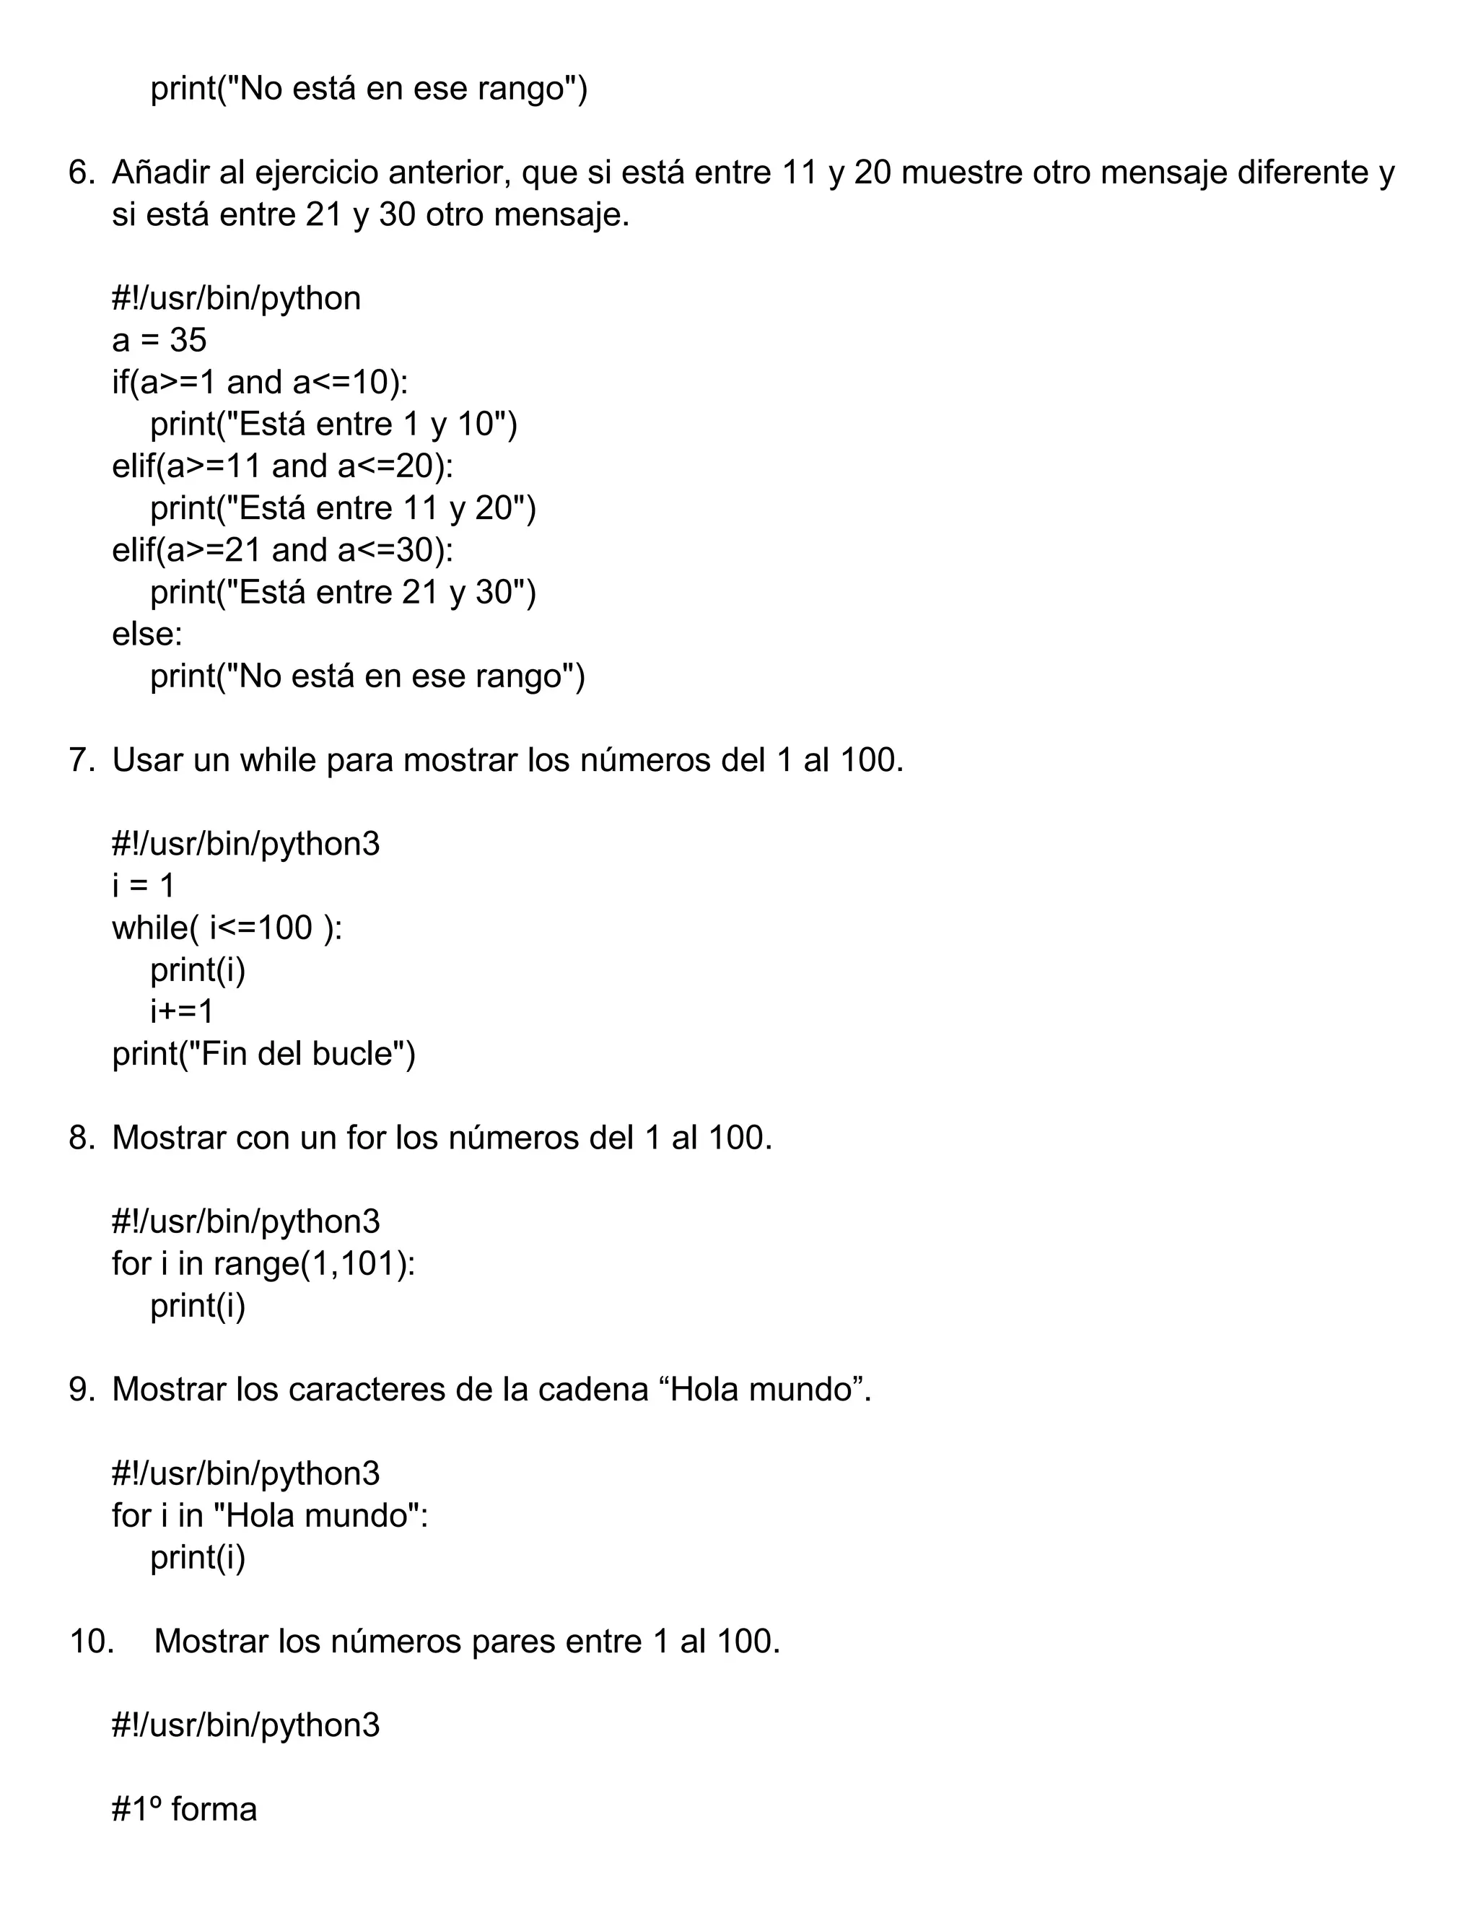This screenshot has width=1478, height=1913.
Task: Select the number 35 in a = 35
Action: tap(188, 340)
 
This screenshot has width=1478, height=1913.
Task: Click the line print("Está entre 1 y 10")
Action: tap(333, 424)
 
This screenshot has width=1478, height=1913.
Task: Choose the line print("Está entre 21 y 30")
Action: tap(342, 592)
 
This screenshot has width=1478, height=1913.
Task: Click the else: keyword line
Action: tap(147, 634)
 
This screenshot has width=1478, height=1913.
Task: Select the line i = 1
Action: tap(144, 886)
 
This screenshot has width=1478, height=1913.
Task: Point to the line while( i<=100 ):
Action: tap(227, 928)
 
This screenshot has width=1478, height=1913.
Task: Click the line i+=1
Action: tap(182, 1011)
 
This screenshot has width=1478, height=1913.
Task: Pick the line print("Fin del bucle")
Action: tap(263, 1054)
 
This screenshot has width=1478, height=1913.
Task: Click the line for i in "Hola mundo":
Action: tap(270, 1515)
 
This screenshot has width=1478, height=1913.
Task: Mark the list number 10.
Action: tap(91, 1642)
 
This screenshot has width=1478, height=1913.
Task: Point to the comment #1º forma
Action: tap(184, 1809)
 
